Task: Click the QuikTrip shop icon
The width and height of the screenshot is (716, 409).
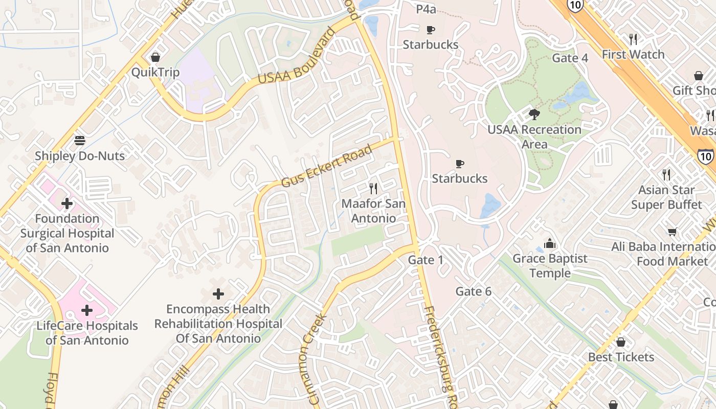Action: coord(155,57)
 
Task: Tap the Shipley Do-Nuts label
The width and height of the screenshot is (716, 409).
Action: coord(80,155)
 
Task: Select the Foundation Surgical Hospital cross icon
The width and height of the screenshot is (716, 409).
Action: coord(67,204)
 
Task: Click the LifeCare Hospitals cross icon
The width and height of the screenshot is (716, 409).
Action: coord(87,310)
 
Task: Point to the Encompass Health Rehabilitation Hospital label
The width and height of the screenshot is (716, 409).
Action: coord(218,324)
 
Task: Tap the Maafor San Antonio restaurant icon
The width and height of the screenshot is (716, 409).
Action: coord(373,189)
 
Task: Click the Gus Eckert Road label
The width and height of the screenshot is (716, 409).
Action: coord(326,167)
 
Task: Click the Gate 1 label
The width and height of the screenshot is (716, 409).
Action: coord(426,260)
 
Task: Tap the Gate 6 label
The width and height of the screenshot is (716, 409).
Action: coord(474,291)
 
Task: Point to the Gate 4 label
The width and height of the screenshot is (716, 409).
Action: coord(570,58)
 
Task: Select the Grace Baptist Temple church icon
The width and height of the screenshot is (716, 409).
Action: coord(550,243)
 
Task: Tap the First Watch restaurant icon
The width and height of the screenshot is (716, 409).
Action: coord(633,39)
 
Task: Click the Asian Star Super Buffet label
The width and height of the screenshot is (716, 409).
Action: coord(666,197)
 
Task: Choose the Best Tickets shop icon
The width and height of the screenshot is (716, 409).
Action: coord(621,342)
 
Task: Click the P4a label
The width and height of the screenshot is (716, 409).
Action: coord(426,9)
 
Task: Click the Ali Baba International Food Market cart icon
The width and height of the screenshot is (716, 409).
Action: coord(673,232)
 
